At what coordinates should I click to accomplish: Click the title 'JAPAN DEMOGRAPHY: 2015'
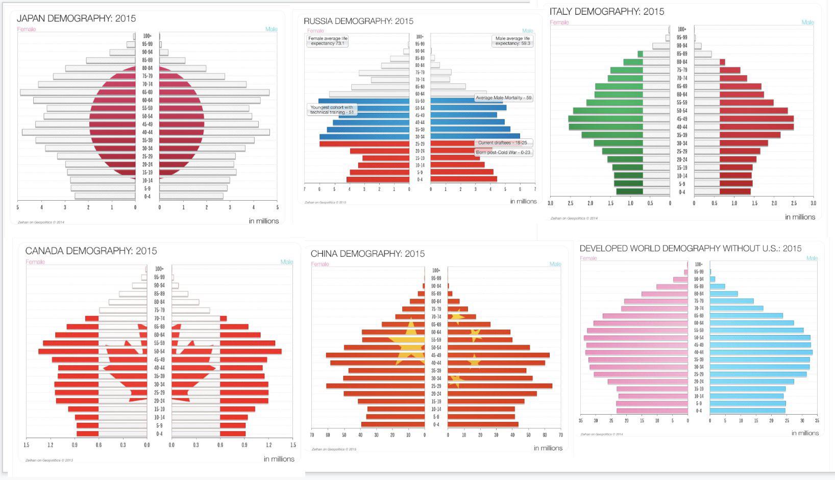(77, 18)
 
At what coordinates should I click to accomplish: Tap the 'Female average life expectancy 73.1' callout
(328, 41)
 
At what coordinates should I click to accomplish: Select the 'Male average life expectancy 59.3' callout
(512, 41)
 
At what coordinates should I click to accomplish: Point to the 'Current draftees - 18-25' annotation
(503, 143)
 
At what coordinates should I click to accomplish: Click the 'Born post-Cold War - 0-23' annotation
(503, 153)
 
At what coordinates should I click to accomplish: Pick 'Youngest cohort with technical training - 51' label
(332, 110)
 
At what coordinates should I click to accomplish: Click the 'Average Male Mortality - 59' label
(503, 98)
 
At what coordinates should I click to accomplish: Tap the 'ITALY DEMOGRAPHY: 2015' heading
(607, 11)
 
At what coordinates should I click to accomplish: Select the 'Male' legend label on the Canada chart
(286, 262)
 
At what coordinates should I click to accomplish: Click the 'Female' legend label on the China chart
(320, 264)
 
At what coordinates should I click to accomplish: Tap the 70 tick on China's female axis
(312, 436)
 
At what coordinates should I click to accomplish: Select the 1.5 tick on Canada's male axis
(293, 445)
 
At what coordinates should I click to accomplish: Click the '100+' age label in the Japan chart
(147, 36)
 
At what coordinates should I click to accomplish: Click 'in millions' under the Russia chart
(523, 201)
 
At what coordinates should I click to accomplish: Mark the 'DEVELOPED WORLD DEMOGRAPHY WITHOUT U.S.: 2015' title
(690, 248)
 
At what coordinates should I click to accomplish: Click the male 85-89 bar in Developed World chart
(717, 286)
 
